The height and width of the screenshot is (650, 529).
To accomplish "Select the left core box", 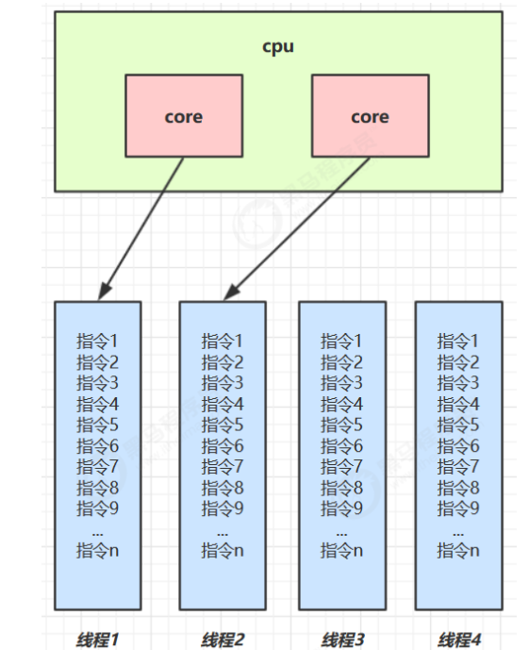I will click(183, 117).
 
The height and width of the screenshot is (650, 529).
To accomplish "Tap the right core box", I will click(369, 117).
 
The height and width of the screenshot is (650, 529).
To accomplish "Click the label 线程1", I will click(97, 640).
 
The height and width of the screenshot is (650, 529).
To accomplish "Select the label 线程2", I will click(223, 640).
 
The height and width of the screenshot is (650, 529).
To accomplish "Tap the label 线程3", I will click(341, 640).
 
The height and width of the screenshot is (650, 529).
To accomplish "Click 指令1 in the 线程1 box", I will click(97, 341).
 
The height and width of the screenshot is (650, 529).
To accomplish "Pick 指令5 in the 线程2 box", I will click(223, 425).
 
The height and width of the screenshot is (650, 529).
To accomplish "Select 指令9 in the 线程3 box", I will click(341, 508).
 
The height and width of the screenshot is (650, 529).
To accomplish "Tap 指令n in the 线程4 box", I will click(458, 550).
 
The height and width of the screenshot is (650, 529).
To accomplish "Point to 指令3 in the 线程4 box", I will click(458, 383).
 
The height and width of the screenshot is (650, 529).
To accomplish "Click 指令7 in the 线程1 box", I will click(97, 466).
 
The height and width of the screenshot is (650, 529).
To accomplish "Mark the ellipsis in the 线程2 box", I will click(223, 530).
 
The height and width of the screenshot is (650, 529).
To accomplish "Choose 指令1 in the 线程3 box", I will click(341, 341).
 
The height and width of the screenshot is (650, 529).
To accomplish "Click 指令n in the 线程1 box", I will click(97, 550).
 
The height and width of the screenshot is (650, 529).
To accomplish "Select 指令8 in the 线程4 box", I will click(458, 488).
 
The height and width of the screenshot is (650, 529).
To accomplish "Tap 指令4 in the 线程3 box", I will click(341, 404).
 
